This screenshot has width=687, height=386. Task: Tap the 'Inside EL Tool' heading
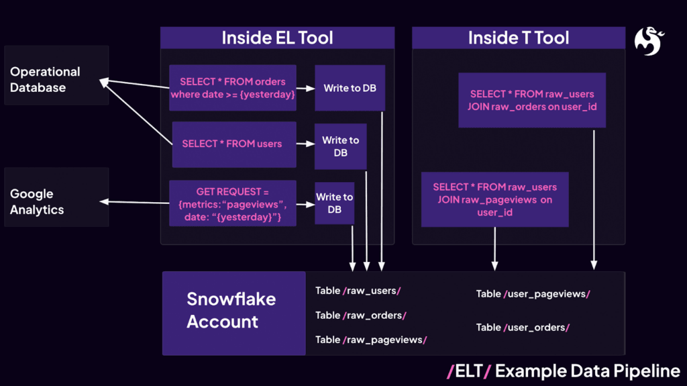click(277, 38)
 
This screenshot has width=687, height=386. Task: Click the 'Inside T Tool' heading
click(519, 38)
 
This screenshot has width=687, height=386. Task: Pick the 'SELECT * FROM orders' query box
click(233, 88)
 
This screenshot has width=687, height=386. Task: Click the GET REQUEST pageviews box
click(232, 203)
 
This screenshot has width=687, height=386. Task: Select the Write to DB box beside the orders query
click(350, 88)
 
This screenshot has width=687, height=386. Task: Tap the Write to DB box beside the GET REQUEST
click(334, 203)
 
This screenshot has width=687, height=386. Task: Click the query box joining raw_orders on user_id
click(532, 100)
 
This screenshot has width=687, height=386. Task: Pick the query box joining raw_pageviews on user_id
click(494, 199)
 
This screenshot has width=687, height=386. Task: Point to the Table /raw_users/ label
click(358, 291)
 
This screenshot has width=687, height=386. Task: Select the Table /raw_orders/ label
click(361, 315)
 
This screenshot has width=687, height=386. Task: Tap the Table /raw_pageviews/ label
click(371, 340)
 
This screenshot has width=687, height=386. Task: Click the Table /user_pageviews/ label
click(533, 293)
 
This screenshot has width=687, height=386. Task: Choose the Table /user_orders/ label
click(523, 327)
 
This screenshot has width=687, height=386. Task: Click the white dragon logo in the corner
click(649, 41)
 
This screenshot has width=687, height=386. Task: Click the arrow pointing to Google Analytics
click(134, 202)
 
